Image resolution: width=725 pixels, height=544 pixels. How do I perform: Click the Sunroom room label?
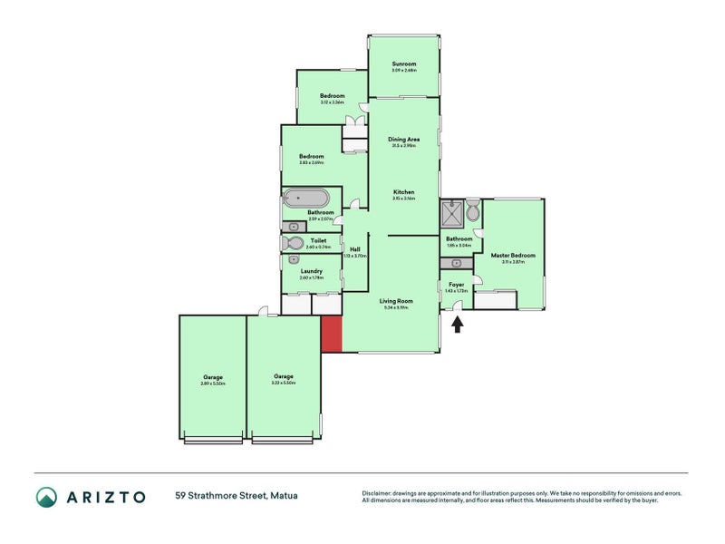403,64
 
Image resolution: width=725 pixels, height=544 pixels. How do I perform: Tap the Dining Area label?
403,140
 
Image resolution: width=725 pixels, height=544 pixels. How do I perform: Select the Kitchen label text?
403,192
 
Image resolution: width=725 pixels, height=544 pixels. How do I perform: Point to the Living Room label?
396,301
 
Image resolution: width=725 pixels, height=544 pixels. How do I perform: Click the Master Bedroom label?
513,256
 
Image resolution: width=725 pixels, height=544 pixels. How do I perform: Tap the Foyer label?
457,285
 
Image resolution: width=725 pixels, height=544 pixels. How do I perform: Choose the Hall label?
355,249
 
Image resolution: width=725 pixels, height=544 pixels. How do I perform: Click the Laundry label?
312,270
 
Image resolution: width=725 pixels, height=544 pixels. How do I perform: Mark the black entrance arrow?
458,324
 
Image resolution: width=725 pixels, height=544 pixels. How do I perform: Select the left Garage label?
212,377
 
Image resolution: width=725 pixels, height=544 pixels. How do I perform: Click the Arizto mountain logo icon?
46,496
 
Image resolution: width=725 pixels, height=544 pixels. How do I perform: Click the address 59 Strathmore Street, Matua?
237,496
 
